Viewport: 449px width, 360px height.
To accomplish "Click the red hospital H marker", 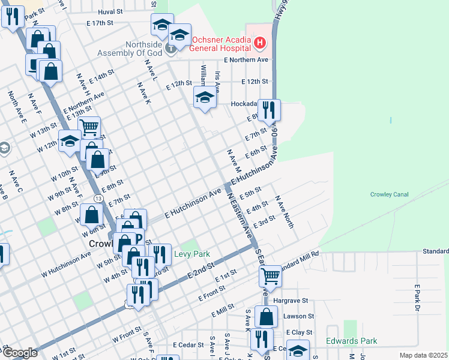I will pos(259,43).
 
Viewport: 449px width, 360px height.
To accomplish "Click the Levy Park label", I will pos(191,254).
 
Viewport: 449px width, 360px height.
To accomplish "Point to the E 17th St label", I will pos(100,23).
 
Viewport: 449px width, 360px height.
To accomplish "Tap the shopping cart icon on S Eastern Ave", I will pos(270,276).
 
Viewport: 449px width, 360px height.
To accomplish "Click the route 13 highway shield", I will pos(98,198).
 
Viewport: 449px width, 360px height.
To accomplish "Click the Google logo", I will pos(19,353).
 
